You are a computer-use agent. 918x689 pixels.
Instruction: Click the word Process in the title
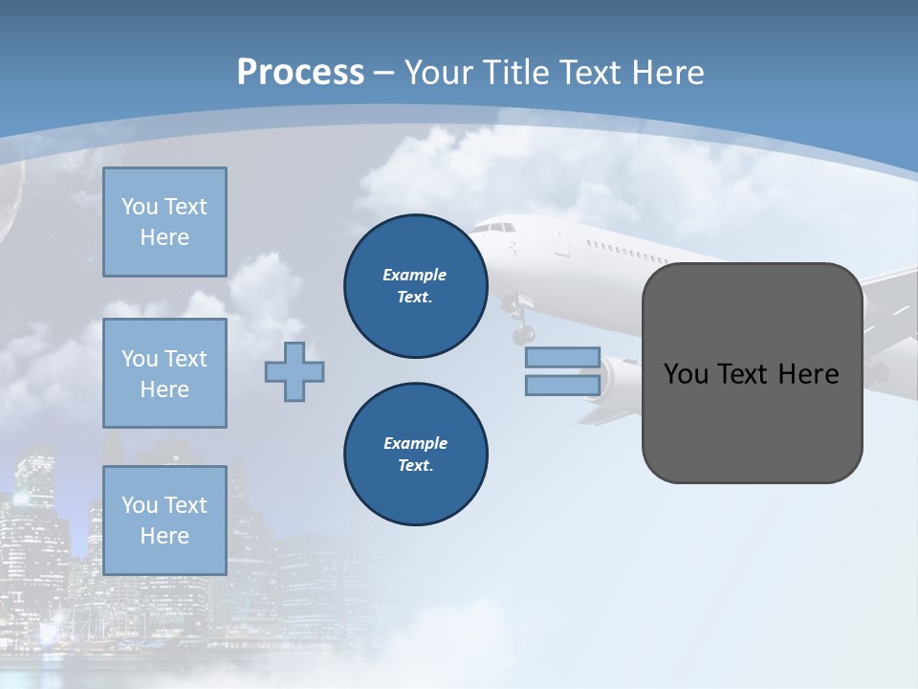(300, 73)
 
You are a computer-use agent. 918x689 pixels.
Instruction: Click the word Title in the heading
(514, 73)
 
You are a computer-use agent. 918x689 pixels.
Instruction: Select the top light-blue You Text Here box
(164, 222)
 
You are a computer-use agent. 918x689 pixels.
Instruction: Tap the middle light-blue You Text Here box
(164, 373)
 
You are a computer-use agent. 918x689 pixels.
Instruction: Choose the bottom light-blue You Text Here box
(164, 521)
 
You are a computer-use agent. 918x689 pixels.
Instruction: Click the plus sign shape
(295, 371)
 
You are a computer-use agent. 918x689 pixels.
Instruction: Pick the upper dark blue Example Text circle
(415, 286)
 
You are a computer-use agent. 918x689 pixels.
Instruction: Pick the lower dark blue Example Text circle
(415, 455)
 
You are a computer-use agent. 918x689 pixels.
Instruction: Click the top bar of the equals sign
(562, 358)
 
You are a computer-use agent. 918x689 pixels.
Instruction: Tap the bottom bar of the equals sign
(562, 385)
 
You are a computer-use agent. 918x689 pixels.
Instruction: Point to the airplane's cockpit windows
(493, 228)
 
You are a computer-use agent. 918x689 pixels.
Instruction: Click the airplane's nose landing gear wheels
(522, 334)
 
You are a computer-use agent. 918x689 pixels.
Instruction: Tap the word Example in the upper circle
(415, 275)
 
